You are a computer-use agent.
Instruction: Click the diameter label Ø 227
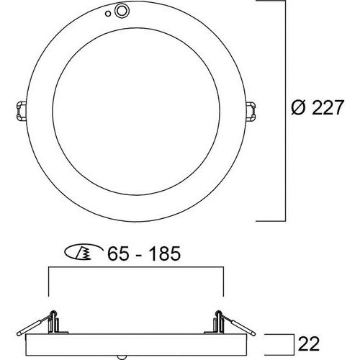(318, 107)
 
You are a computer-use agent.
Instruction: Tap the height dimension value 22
(309, 344)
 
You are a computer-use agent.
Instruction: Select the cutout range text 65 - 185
(144, 253)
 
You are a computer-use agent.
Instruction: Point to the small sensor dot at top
(108, 14)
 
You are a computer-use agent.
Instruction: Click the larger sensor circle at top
(122, 11)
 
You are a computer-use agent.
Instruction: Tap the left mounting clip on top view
(22, 111)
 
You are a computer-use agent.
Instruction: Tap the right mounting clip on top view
(251, 111)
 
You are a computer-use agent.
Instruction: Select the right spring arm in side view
(236, 323)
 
